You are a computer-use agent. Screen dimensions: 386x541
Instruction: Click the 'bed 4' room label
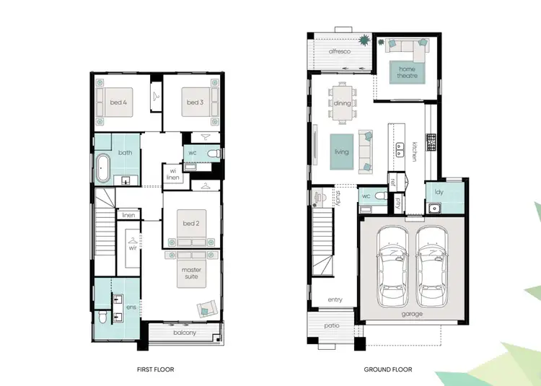point(118,102)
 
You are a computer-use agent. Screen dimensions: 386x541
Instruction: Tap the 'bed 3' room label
point(194,102)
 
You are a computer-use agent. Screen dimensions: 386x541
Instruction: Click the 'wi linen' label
point(173,174)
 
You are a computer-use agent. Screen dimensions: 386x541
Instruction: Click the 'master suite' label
point(191,273)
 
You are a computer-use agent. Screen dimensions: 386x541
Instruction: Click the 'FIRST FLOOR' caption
point(155,369)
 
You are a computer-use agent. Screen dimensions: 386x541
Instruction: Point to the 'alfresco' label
point(340,52)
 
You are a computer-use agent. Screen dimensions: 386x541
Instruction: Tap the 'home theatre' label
point(403,72)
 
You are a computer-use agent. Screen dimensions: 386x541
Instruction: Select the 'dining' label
point(343,103)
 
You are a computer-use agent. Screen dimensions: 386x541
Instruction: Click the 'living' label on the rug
point(341,152)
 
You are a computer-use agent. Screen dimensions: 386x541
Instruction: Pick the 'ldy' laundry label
point(438,192)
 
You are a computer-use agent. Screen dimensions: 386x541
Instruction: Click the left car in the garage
point(393,264)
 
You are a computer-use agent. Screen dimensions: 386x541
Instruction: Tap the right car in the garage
point(432,264)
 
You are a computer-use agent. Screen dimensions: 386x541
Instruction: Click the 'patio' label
point(331,325)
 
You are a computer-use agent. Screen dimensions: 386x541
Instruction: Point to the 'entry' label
point(335,299)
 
